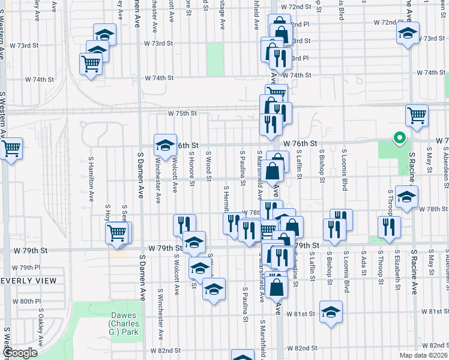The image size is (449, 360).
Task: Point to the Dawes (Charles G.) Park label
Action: coord(124,323)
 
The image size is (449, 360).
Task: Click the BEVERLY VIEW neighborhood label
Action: coord(28,280)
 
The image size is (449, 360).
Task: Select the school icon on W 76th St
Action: coord(165,144)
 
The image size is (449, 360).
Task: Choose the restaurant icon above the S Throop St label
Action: coord(389,227)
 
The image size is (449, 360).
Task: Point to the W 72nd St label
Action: coord(298,7)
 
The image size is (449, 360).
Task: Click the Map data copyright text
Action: coord(421,355)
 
